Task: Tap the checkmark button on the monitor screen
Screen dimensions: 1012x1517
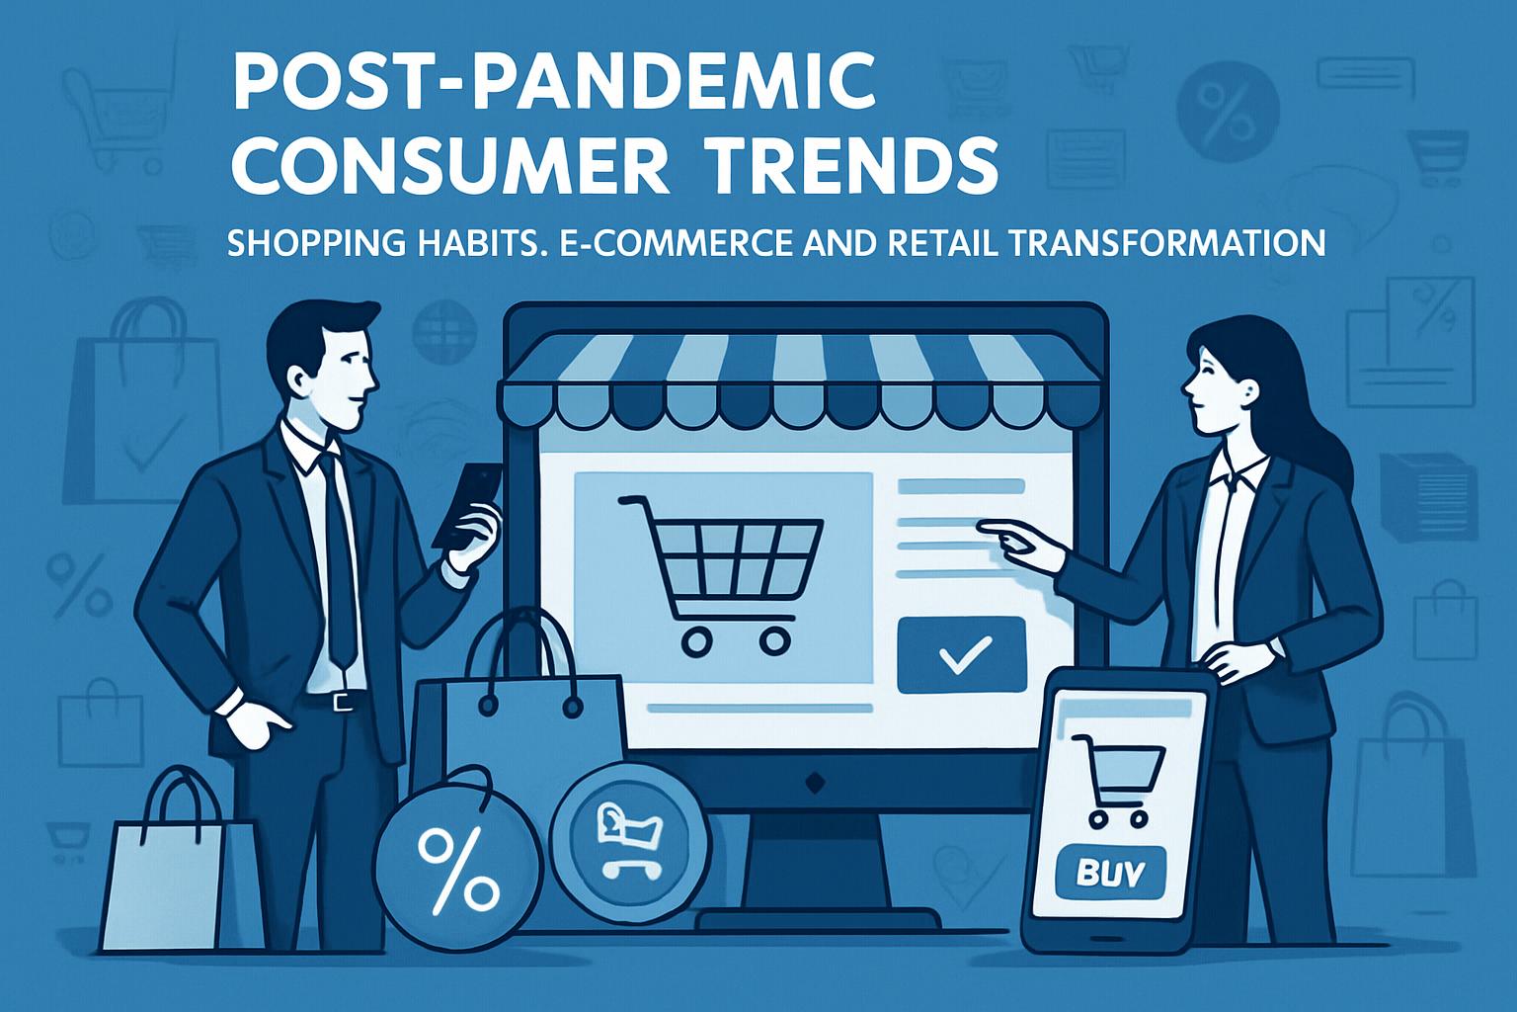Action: tap(961, 654)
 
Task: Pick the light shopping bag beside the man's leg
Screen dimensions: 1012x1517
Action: tap(179, 863)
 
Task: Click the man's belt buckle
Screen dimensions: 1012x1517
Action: tap(343, 702)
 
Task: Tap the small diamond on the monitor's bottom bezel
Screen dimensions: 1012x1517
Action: tap(815, 782)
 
